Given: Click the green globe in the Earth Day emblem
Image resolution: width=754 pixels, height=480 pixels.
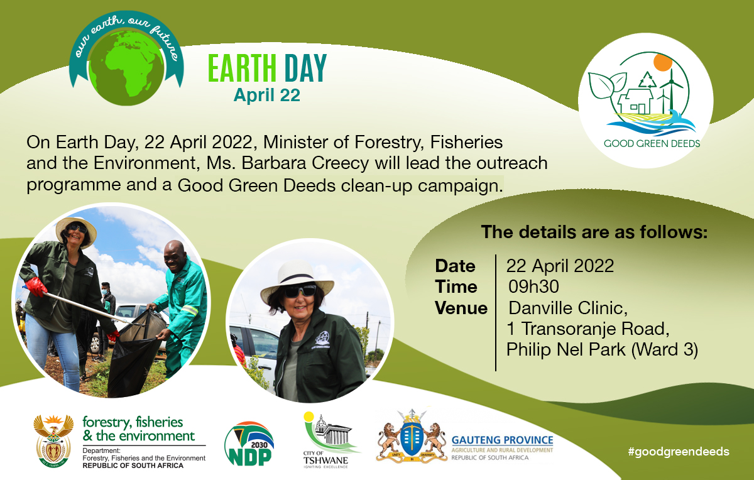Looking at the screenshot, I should tap(129, 68).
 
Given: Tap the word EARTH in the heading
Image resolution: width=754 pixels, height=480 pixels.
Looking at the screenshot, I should tap(243, 68).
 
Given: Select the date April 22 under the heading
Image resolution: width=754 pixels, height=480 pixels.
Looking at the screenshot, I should tap(266, 95).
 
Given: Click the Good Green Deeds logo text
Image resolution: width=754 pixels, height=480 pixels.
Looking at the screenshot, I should tap(652, 143).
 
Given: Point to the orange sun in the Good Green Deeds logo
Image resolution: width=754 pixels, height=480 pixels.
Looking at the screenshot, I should tap(663, 63).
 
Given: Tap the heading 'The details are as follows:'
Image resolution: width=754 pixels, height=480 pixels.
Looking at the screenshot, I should tap(594, 232).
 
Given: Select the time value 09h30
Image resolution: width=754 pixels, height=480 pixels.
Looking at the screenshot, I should tap(533, 287).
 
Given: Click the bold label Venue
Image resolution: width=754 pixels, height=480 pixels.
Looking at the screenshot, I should tap(461, 308).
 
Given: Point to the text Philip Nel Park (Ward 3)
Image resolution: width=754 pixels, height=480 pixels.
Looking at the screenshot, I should tap(603, 350).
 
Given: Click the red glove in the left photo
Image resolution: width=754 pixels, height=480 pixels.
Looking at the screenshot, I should tap(36, 287).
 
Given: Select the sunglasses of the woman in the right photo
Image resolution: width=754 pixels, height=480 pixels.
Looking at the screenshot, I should tap(299, 291).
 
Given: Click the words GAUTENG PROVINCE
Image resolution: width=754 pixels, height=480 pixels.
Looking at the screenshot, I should tap(502, 440).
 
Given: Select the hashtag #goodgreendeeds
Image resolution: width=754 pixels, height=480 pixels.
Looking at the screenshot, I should tap(678, 451).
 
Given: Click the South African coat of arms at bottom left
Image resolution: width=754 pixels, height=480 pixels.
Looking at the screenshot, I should tap(53, 439).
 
